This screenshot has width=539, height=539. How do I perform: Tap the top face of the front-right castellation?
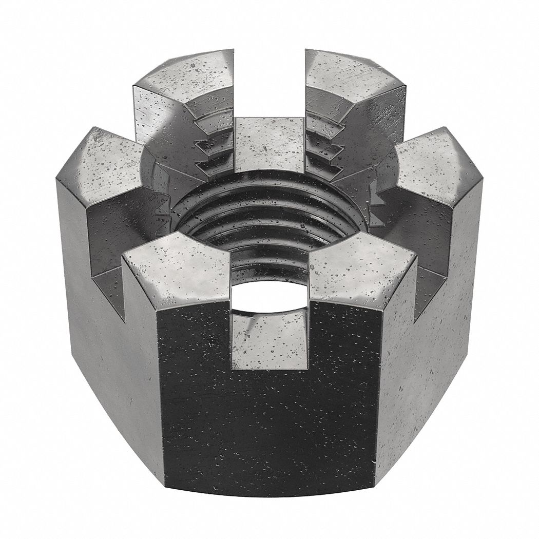pos(359,267)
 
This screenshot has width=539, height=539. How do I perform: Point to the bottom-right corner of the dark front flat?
pos(375,486)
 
